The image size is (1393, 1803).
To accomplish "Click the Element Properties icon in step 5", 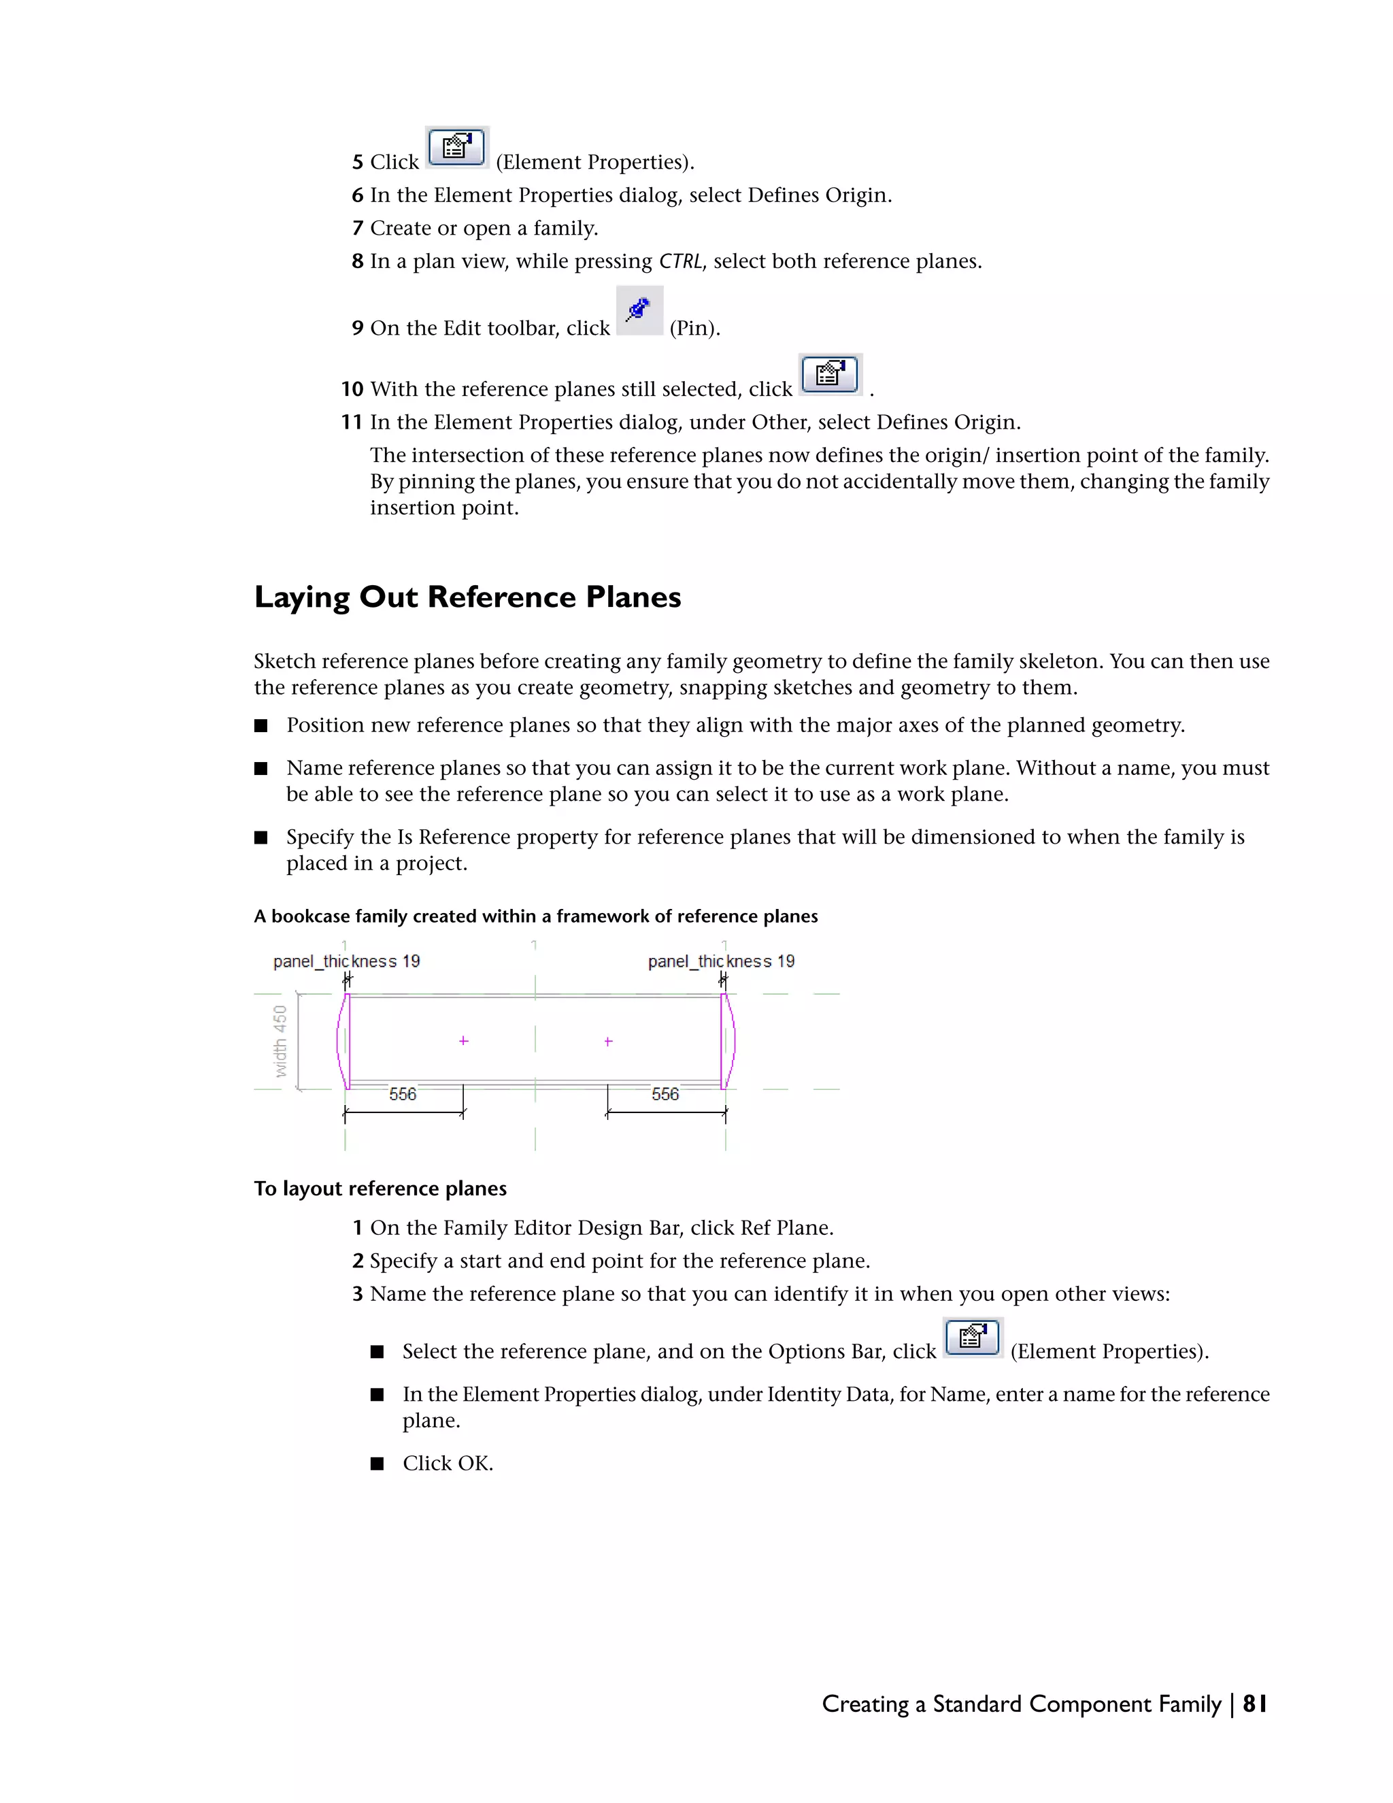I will [x=456, y=148].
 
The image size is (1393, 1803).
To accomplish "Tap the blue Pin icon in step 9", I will [x=639, y=310].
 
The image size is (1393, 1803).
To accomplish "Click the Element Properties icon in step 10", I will [x=830, y=375].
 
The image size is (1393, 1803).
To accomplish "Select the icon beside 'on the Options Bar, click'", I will [x=973, y=1338].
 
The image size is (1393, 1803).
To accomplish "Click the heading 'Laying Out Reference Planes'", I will [x=467, y=597].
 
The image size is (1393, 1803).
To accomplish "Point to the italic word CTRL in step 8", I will [x=680, y=262].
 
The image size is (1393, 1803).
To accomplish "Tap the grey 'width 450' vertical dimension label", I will [x=281, y=1041].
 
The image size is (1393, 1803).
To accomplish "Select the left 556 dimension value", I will [x=403, y=1095].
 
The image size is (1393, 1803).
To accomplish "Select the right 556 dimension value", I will [x=665, y=1095].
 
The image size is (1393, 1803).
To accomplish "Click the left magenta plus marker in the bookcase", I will [x=464, y=1041].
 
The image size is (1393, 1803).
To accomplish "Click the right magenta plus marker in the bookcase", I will [x=608, y=1042].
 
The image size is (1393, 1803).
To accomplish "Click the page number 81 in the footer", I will [x=1254, y=1704].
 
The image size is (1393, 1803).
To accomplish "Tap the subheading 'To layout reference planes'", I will [x=380, y=1189].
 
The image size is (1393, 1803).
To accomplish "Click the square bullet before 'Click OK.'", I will [x=377, y=1463].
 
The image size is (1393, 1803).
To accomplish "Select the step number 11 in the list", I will [x=352, y=423].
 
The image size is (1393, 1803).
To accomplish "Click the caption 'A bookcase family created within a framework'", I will [x=535, y=916].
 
